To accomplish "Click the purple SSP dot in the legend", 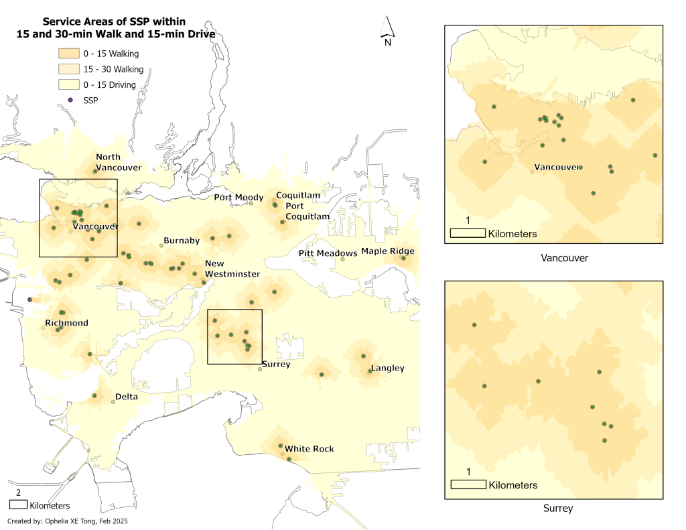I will [70, 100].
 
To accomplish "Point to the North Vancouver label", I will [118, 162].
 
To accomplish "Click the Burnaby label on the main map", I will [182, 241].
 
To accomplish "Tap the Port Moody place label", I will [238, 198].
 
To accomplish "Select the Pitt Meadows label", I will [328, 253].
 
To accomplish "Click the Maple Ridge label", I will [387, 251].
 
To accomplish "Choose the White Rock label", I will [309, 449].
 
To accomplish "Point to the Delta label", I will [126, 397].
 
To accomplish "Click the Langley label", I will [387, 369].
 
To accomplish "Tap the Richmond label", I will [66, 323].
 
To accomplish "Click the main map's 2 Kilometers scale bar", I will [18, 502].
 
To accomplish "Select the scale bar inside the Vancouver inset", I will [468, 233].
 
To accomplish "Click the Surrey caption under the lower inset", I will [557, 509].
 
